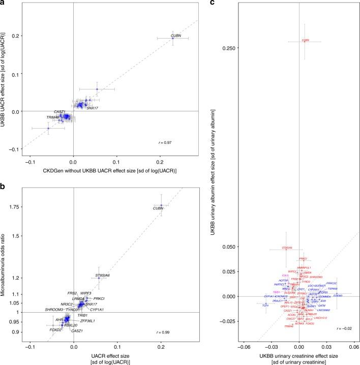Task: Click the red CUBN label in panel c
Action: pos(305,40)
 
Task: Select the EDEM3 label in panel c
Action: pos(338,295)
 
